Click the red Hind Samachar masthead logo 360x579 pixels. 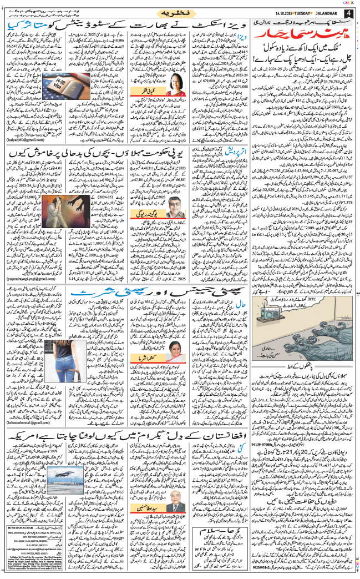pos(301,34)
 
